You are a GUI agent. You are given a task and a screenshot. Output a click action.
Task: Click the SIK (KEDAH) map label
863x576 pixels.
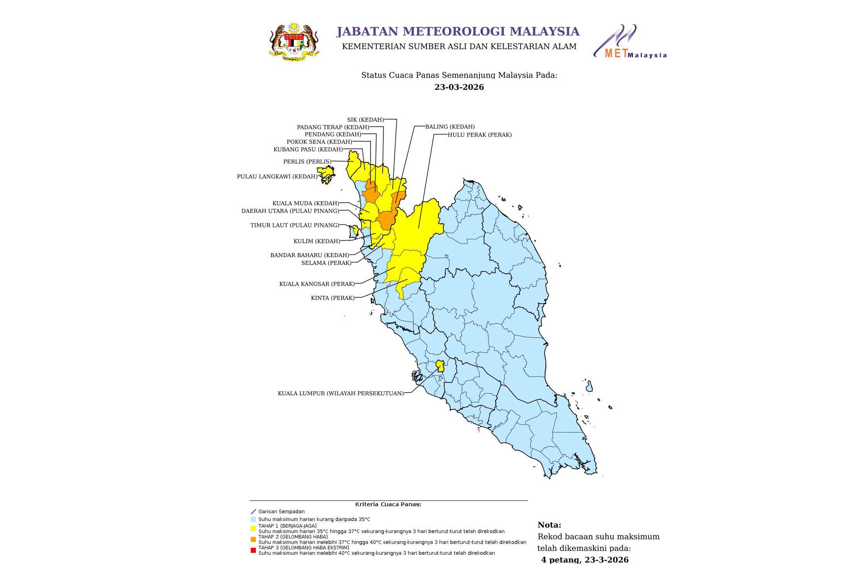coord(365,120)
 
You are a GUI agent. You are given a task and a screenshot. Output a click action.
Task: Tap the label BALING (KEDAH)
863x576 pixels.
coord(450,127)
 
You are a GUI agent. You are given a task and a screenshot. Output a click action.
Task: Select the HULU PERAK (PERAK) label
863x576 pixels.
coord(480,135)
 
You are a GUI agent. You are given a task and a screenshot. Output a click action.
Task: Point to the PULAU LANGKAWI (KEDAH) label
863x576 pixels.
coord(277,177)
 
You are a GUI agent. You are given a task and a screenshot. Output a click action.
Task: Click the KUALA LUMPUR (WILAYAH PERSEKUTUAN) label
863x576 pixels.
coord(341,393)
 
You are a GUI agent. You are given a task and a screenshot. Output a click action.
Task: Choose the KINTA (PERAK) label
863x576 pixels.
coord(333,298)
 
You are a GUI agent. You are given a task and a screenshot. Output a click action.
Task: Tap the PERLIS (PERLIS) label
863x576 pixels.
coord(307,162)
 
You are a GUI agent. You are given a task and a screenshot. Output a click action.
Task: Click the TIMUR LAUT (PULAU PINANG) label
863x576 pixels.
coord(295,225)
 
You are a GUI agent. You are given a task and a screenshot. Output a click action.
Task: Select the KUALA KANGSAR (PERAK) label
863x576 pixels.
coord(317,284)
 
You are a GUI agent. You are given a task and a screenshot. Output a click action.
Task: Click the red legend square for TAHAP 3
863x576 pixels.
coord(253,550)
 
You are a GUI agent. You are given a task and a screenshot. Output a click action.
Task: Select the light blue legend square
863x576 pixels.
coord(253,520)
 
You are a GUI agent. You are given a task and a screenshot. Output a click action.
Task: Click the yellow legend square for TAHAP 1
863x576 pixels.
coord(253,528)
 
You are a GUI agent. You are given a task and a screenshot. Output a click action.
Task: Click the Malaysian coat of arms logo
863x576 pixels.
coord(294,42)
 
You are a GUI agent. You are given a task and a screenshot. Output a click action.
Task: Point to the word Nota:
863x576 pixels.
coord(549,525)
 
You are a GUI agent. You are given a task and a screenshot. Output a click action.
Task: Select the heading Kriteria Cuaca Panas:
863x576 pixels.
coord(388,504)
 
